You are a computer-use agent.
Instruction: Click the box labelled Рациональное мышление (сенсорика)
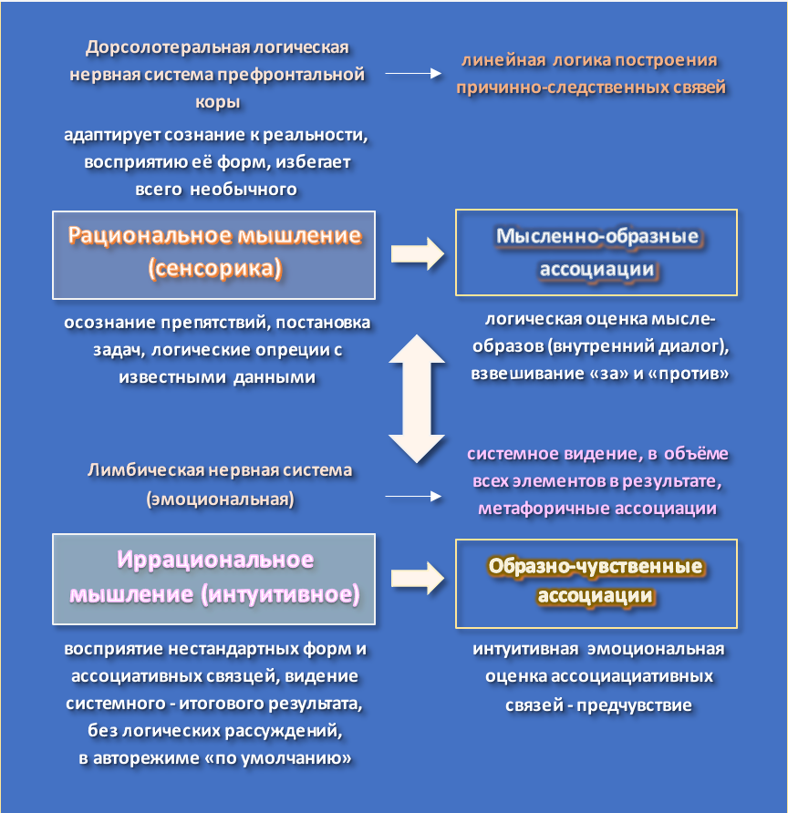214,253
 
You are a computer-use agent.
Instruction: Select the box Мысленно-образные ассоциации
596,252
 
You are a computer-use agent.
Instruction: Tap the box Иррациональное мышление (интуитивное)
214,578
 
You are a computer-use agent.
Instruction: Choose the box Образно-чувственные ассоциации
596,581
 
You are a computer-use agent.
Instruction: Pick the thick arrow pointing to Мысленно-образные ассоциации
418,253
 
